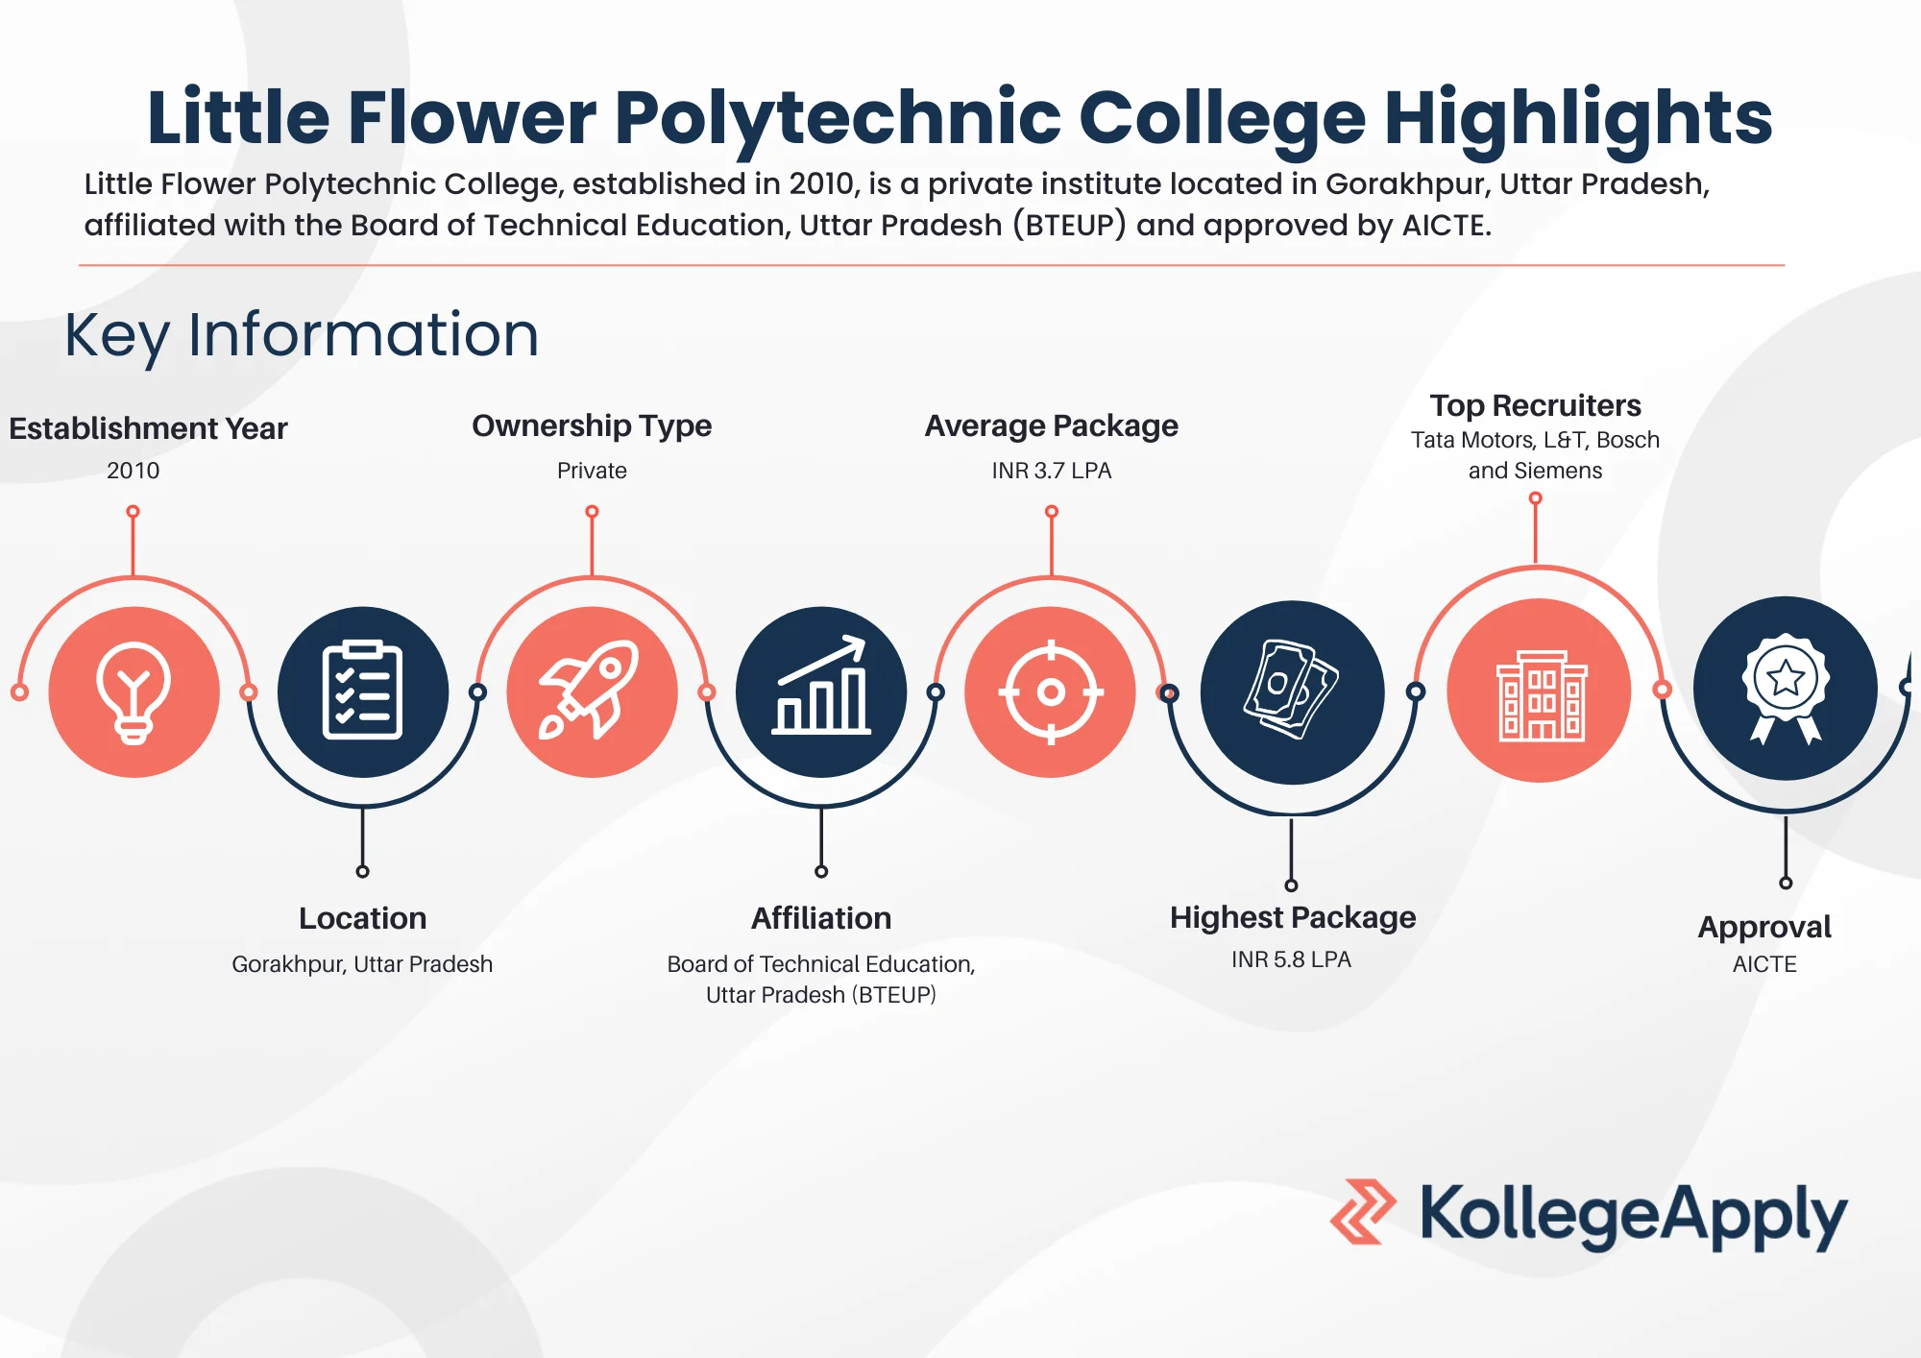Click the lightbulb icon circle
[x=134, y=691]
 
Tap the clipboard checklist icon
[x=362, y=691]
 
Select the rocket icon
[x=592, y=691]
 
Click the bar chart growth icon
[x=821, y=691]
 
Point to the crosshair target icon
[x=1051, y=691]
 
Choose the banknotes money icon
[x=1292, y=691]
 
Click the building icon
[x=1540, y=691]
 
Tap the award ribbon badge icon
[x=1785, y=689]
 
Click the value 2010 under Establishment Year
[x=133, y=471]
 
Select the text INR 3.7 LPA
[x=1051, y=471]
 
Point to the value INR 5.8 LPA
[x=1291, y=959]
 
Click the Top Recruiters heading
[x=1535, y=405]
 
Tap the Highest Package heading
[x=1292, y=917]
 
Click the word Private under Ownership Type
[x=592, y=471]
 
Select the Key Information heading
[x=302, y=334]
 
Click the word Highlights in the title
[x=1577, y=117]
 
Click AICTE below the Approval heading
[x=1764, y=964]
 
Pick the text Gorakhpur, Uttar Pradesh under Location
[x=362, y=964]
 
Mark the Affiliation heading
[x=821, y=918]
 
